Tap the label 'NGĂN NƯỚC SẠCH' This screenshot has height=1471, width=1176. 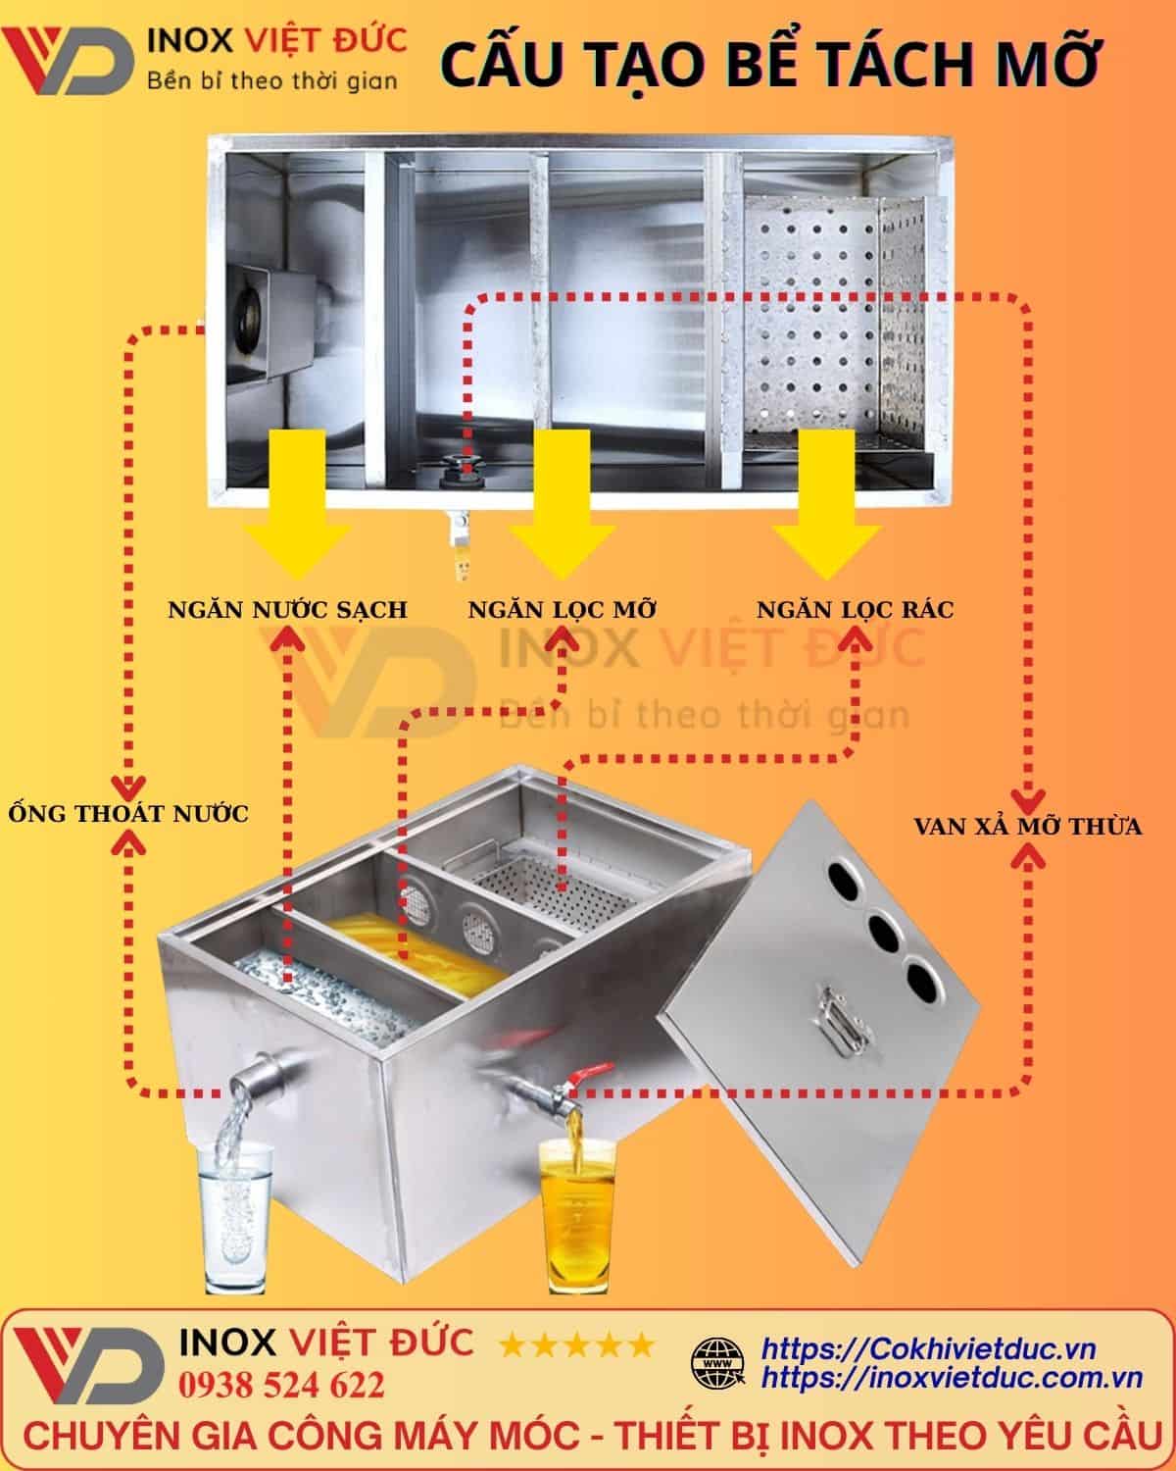pyautogui.click(x=287, y=609)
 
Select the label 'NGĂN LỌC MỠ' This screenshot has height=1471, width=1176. pyautogui.click(x=562, y=609)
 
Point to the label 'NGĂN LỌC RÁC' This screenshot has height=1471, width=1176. pyautogui.click(x=855, y=609)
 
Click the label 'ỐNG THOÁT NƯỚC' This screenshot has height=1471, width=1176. pyautogui.click(x=127, y=813)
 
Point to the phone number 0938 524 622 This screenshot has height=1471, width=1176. pyautogui.click(x=282, y=1386)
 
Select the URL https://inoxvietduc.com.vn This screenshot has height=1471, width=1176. pyautogui.click(x=952, y=1378)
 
